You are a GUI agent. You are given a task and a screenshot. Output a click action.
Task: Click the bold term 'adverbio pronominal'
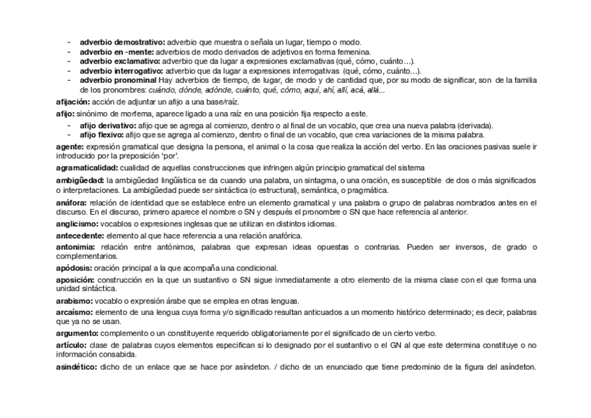pos(118,81)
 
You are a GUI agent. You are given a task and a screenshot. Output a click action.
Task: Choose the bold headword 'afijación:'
pos(73,102)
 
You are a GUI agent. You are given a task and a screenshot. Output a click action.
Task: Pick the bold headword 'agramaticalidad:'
pos(86,169)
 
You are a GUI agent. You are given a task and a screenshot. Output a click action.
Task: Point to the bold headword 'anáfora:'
pos(71,203)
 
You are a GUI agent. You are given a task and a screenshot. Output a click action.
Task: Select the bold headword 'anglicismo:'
pos(77,224)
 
